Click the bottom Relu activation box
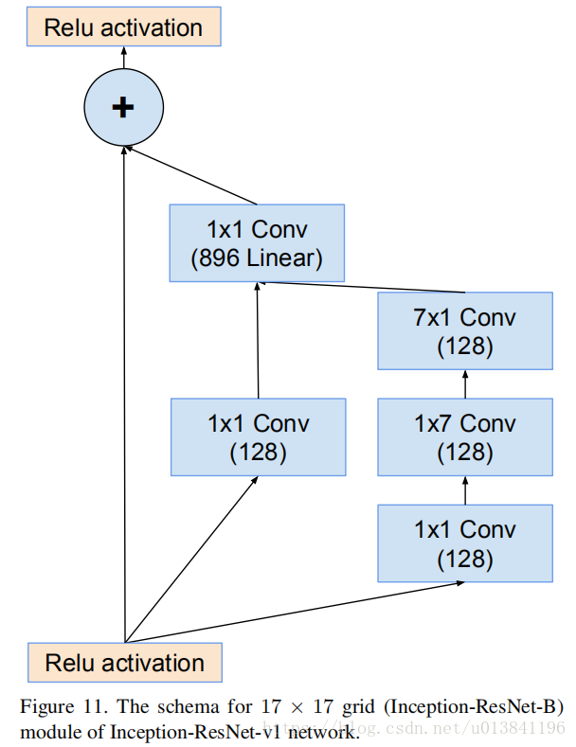click(x=124, y=663)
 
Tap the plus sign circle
click(x=122, y=108)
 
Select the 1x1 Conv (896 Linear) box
click(x=257, y=243)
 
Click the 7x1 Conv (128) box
click(x=464, y=330)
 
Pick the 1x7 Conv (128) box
click(x=464, y=436)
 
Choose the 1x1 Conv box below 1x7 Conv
click(x=464, y=542)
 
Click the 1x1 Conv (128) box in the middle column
click(x=258, y=436)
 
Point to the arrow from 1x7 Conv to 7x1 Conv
click(x=464, y=383)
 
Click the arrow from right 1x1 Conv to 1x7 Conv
click(x=464, y=489)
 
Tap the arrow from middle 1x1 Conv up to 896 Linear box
click(x=258, y=341)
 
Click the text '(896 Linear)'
click(x=257, y=258)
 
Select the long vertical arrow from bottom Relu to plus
click(x=123, y=398)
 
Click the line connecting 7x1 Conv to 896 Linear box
click(x=365, y=287)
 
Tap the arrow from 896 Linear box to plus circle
click(x=194, y=176)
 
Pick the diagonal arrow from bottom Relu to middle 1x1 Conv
click(x=189, y=560)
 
